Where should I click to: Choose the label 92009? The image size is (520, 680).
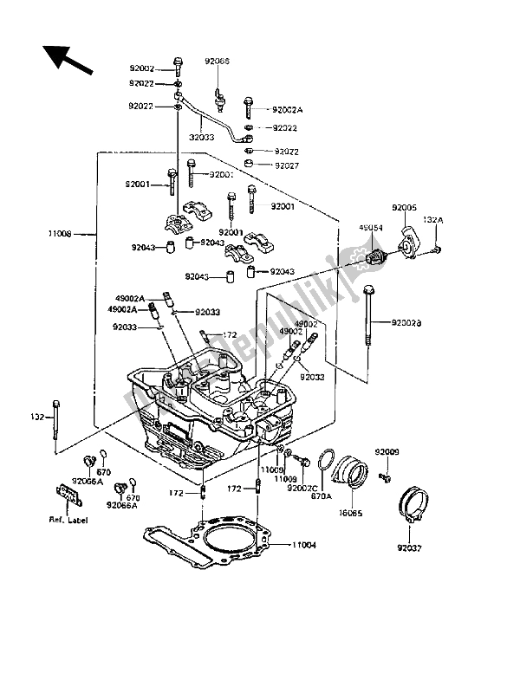[x=387, y=452]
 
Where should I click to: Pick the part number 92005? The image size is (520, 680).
[x=405, y=209]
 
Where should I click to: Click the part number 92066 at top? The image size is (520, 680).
[x=218, y=62]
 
